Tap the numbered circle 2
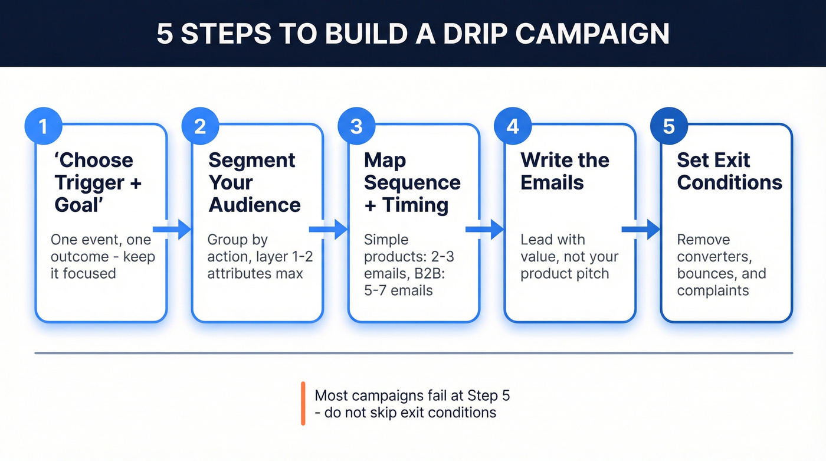201,127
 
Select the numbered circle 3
357,127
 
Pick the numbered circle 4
513,127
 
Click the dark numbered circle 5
669,127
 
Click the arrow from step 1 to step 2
172,229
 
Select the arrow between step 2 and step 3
329,229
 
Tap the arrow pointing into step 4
485,229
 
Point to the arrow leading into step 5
641,229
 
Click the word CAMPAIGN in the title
592,35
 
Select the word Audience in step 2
255,205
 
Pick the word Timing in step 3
415,205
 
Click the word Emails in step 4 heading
552,182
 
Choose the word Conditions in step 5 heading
730,182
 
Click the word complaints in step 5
713,290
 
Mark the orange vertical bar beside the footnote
303,403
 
